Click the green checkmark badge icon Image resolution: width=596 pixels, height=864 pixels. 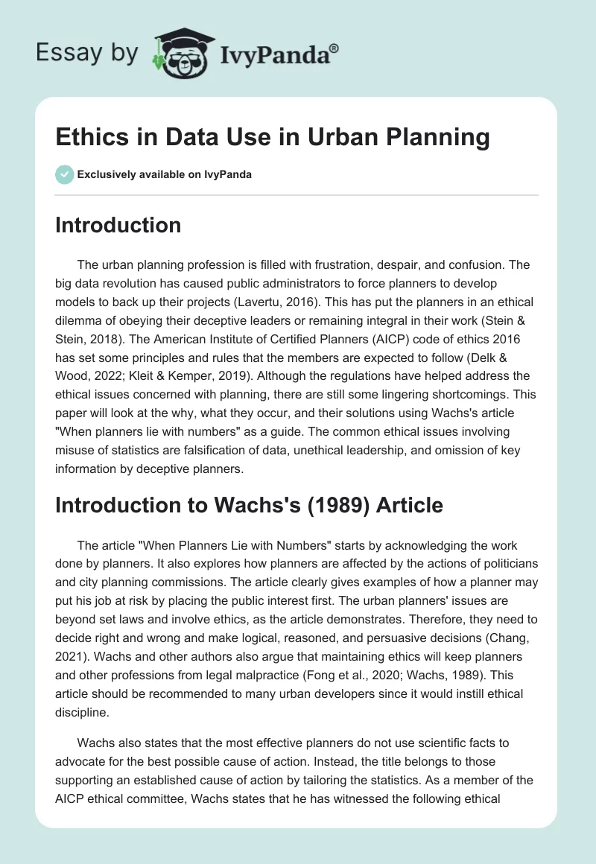63,174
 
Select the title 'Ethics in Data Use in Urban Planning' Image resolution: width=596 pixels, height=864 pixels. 273,138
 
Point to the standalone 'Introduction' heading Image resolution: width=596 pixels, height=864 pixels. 118,224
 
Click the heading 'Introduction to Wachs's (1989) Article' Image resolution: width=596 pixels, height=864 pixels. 249,505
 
